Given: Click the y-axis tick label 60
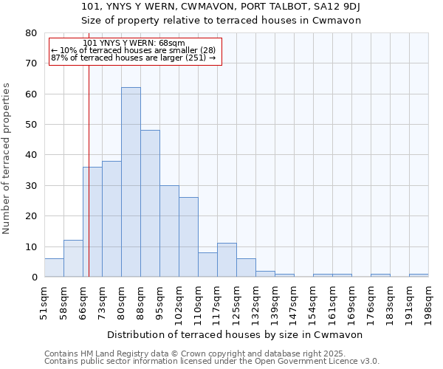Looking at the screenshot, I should pyautogui.click(x=30, y=94).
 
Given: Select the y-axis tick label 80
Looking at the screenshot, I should pyautogui.click(x=30, y=33).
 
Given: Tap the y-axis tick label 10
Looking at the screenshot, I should pyautogui.click(x=30, y=247).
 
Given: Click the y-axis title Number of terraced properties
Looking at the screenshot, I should pyautogui.click(x=7, y=158).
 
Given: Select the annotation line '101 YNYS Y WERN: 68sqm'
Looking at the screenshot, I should pyautogui.click(x=134, y=44).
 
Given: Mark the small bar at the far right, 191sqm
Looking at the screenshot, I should pyautogui.click(x=419, y=275).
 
